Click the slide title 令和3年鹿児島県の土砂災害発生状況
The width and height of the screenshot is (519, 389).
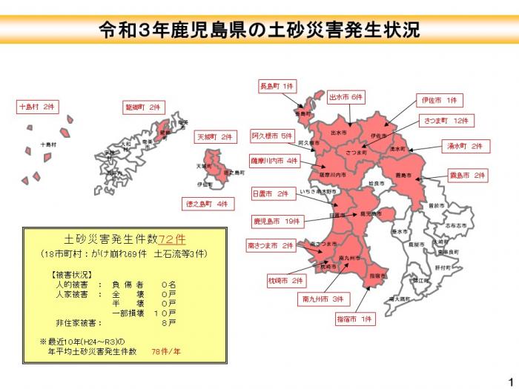click(x=259, y=30)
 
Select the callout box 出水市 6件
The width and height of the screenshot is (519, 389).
click(x=347, y=97)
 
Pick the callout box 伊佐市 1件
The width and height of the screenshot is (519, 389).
click(x=440, y=99)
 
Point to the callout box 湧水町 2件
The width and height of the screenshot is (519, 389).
click(x=465, y=147)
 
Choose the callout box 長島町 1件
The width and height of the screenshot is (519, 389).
click(x=277, y=86)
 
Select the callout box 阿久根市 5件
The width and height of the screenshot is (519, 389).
click(x=272, y=136)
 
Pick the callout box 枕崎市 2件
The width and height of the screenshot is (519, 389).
click(x=286, y=281)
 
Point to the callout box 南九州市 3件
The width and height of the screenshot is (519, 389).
click(x=323, y=299)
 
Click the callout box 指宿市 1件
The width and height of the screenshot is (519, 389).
click(x=357, y=319)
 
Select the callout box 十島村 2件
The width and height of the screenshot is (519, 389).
click(x=37, y=107)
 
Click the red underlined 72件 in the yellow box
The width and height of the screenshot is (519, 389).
click(x=171, y=239)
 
